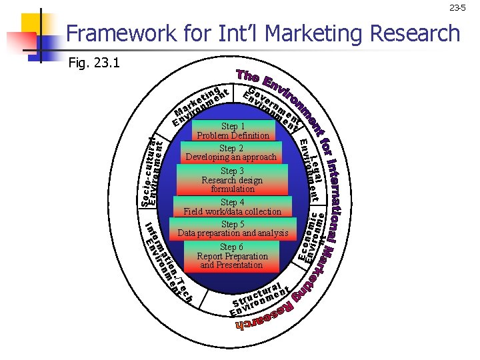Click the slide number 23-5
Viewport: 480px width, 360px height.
click(457, 8)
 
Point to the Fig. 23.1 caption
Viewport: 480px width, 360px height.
click(94, 63)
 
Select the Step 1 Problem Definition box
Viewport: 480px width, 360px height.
click(233, 131)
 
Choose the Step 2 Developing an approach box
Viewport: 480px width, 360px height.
click(231, 153)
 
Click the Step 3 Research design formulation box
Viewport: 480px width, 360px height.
click(232, 180)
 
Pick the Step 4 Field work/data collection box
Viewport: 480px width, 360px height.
click(233, 207)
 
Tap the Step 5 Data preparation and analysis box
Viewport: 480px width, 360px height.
click(233, 229)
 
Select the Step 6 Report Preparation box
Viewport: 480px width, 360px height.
click(232, 256)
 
